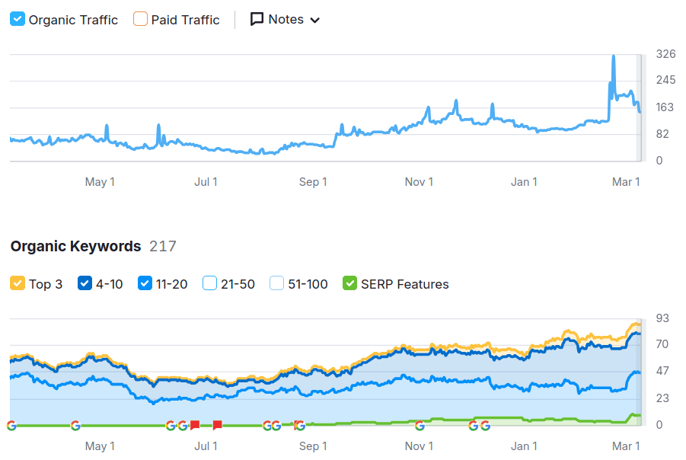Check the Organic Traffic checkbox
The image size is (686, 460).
pos(18,19)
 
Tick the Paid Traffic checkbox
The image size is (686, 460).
pos(140,19)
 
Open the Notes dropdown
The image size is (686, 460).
pos(286,19)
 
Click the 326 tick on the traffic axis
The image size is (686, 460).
pos(665,54)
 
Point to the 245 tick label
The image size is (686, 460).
pos(665,81)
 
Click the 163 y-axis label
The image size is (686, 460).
pos(665,107)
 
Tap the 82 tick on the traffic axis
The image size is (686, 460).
pos(662,134)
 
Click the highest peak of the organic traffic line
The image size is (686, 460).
pos(613,56)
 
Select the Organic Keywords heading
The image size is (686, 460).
pos(75,246)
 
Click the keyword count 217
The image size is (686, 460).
pos(163,246)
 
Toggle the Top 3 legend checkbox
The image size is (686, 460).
pos(18,283)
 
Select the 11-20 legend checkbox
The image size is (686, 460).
pos(145,283)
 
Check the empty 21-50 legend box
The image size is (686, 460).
pos(210,283)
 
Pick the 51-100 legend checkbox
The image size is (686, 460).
pos(276,283)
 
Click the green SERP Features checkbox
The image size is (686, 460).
pos(350,283)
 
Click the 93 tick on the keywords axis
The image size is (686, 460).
pos(662,318)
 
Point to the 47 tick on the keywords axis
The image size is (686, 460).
pos(662,372)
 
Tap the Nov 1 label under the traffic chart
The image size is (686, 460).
pos(419,181)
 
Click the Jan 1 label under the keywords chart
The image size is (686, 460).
pos(524,446)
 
